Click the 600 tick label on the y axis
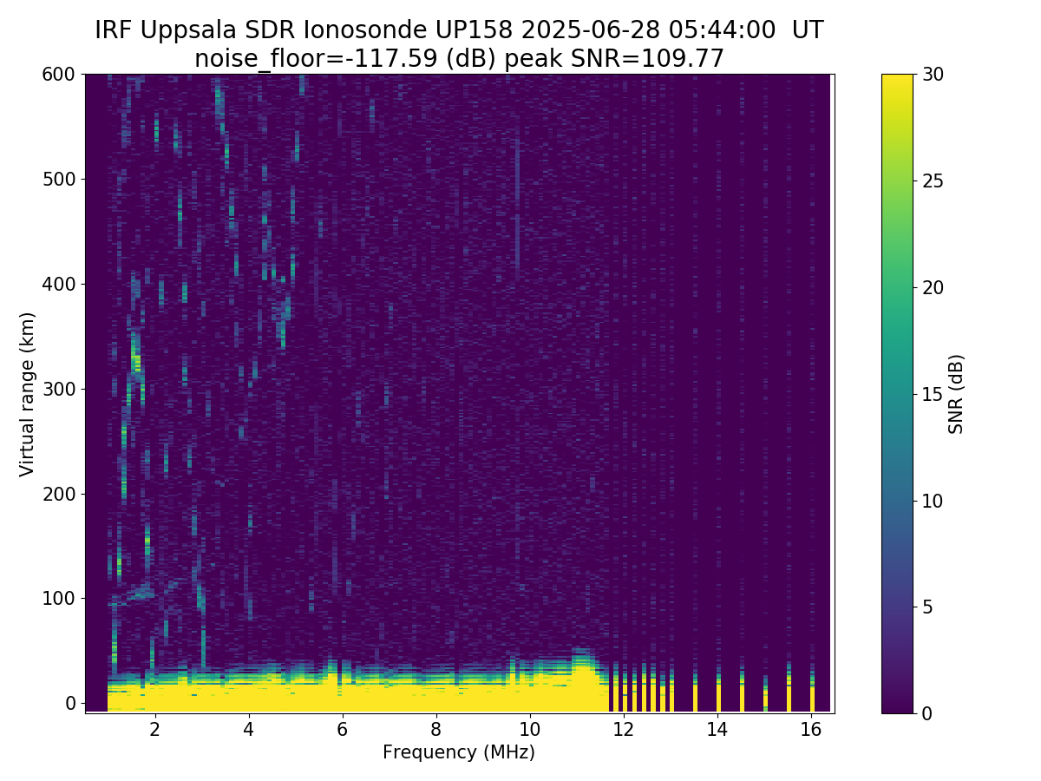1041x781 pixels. pos(58,75)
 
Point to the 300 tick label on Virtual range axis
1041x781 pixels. pos(58,390)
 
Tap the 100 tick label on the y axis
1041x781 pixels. pos(58,599)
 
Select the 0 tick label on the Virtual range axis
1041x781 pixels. pos(70,703)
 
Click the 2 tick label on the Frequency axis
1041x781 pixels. pos(155,729)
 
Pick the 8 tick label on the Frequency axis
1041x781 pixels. pos(435,729)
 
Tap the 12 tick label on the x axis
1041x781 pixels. pos(623,729)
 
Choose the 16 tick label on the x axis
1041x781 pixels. pos(811,729)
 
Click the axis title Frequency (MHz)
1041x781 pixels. pos(459,752)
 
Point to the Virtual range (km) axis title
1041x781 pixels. pos(27,395)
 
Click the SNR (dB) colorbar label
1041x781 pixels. pos(956,394)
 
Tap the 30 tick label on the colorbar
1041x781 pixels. pos(933,75)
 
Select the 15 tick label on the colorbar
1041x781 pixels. pos(933,394)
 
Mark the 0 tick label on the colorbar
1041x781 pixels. pos(927,713)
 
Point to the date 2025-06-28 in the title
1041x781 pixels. pos(591,30)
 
